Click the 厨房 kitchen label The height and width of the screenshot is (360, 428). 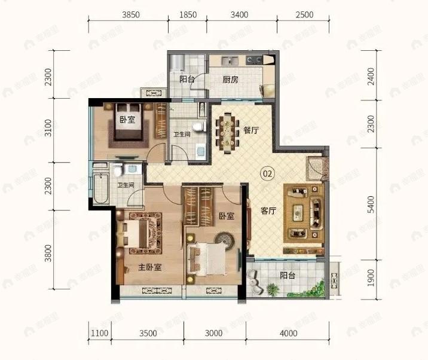pyautogui.click(x=231, y=79)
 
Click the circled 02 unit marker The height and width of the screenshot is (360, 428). pyautogui.click(x=267, y=174)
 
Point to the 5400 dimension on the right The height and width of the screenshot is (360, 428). pyautogui.click(x=371, y=205)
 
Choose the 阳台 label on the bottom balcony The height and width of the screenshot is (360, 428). pyautogui.click(x=288, y=276)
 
